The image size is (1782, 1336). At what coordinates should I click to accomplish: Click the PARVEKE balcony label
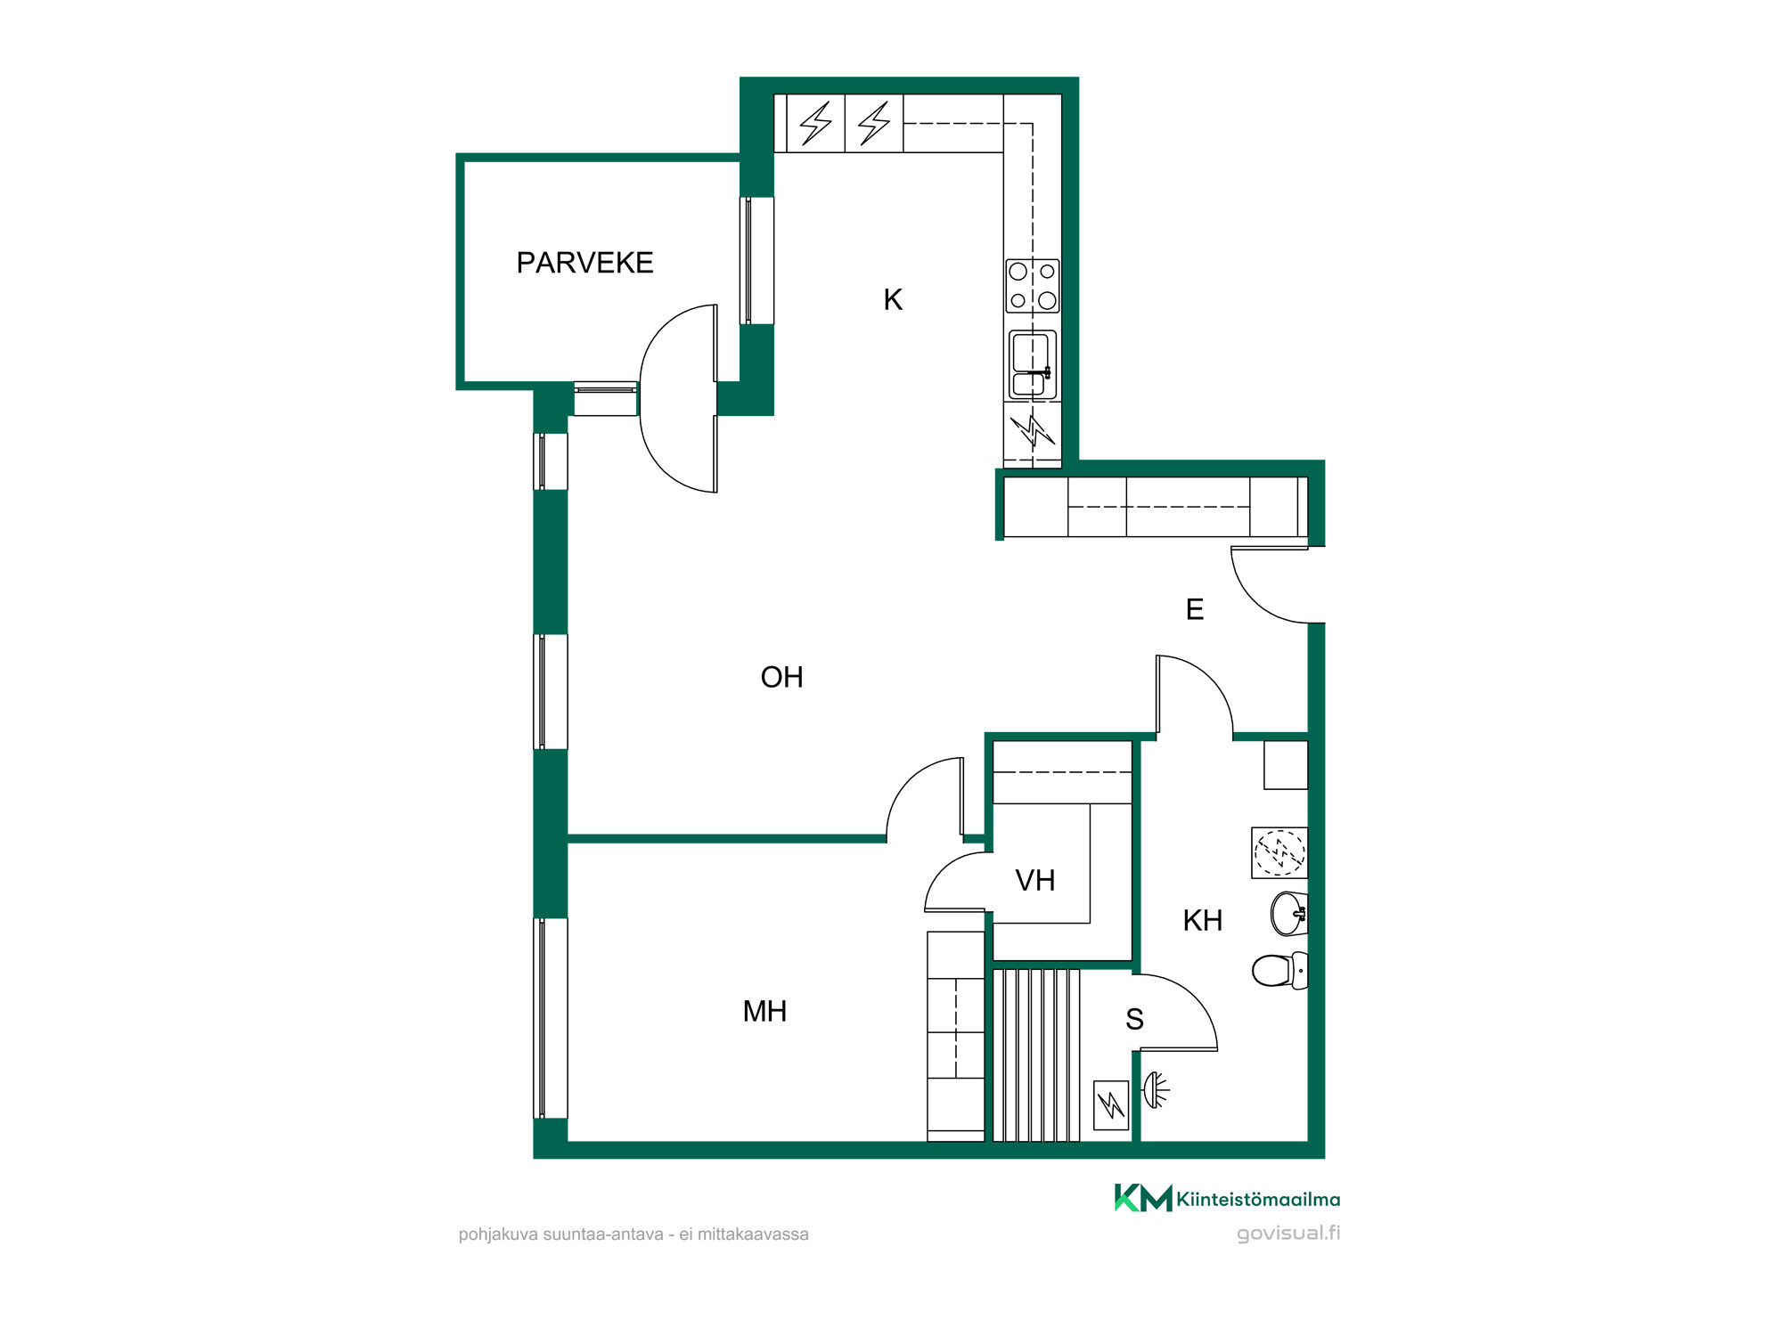584,263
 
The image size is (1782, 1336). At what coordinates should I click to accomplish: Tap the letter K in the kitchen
893,299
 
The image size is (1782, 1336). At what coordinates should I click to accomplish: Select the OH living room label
781,677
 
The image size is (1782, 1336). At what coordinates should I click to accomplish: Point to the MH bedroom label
764,1011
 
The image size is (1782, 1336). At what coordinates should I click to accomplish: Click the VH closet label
1034,880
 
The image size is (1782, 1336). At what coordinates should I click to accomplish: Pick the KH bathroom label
1202,920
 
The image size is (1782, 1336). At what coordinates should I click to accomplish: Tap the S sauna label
1134,1019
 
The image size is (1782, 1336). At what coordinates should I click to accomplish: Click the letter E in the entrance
1195,609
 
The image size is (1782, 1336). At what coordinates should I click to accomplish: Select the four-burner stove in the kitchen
1033,286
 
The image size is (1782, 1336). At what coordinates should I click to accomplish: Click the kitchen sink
1033,364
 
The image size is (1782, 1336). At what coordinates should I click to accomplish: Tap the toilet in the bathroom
1280,970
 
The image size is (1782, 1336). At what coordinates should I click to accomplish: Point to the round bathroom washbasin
1289,914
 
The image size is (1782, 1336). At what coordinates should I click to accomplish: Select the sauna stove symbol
1111,1105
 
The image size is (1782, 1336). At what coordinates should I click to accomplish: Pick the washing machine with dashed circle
1279,852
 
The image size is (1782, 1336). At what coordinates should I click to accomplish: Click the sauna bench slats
1036,1055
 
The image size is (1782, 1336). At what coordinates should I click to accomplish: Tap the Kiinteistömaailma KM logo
1227,1198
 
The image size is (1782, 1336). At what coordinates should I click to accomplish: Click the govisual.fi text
1288,1234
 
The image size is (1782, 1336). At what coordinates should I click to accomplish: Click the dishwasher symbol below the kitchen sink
1033,431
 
